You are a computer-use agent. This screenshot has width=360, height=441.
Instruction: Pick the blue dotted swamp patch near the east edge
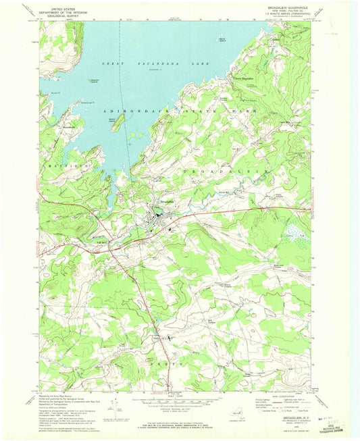coord(294,233)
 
